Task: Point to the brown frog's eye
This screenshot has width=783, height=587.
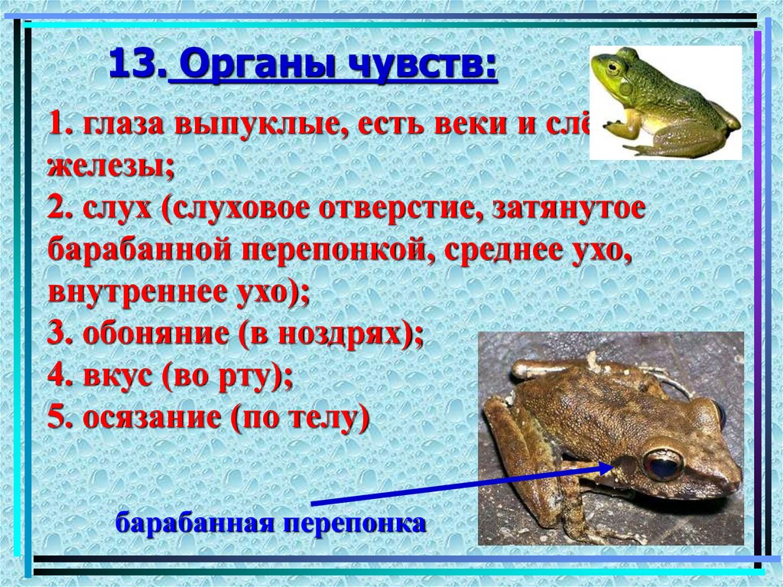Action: pos(662,465)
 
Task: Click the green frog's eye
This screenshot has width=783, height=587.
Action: pos(612,67)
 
